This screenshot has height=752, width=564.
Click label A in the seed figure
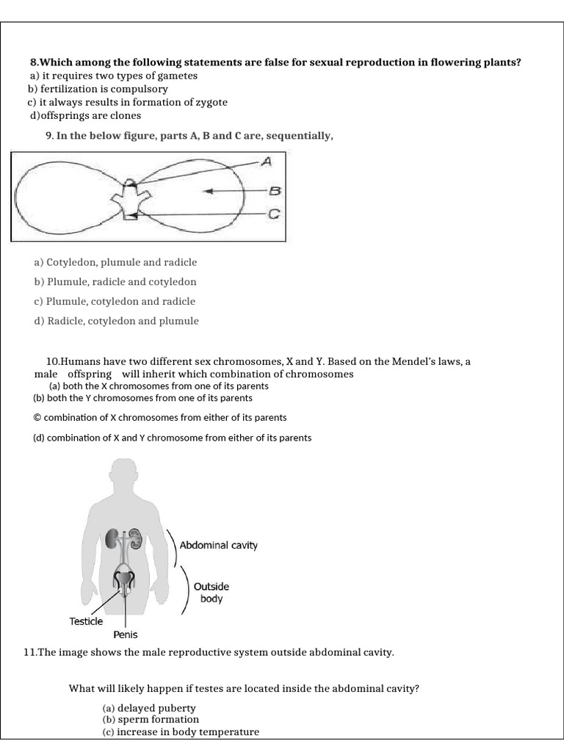pos(267,161)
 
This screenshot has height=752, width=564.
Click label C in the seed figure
pos(273,215)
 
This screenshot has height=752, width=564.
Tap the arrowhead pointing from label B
pos(208,191)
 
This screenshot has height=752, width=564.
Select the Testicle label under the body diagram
pos(86,621)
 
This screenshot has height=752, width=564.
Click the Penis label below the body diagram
pos(125,634)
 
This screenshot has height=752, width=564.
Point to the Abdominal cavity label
pos(224,546)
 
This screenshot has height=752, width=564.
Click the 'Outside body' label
pos(211,593)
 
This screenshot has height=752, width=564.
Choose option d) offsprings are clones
pos(85,115)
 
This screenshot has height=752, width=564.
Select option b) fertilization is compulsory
pos(98,89)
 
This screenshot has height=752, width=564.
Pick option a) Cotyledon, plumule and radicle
pos(115,262)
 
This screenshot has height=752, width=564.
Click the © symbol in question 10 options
pos(38,417)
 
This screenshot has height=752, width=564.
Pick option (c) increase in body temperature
pos(181,731)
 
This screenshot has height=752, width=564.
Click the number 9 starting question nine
pos(48,135)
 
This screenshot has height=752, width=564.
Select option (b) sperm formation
pos(151,720)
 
